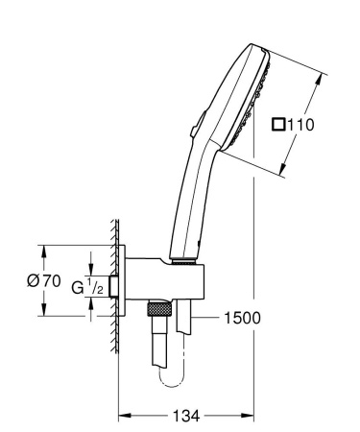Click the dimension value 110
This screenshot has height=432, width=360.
[300, 125]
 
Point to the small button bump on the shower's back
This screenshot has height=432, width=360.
[196, 123]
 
